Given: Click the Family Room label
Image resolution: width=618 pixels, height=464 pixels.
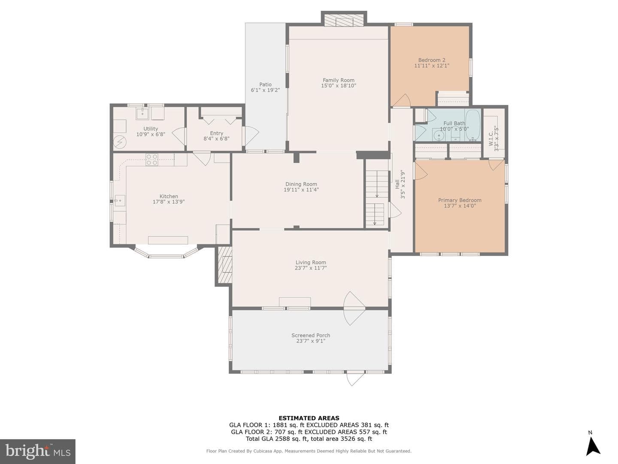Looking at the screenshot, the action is pos(339,80).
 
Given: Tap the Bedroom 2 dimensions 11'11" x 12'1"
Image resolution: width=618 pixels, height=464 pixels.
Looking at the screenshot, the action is pos(432,66).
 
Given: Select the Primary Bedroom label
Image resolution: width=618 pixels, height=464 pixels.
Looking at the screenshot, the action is pos(460,200).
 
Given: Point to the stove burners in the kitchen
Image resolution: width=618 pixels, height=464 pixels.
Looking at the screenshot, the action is pos(152,159).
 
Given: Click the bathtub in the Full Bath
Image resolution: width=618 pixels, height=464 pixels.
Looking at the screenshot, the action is pos(473,125).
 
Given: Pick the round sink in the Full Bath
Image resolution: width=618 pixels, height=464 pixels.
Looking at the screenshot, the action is pos(439,135).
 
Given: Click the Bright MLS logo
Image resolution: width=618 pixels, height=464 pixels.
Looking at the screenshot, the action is pos(37,451).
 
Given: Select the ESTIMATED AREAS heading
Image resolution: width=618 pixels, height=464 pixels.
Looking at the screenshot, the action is pos(309,418).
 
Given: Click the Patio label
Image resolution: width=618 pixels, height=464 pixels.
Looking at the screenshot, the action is pos(266,85).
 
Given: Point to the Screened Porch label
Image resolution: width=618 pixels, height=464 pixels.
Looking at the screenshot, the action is pos(311,336).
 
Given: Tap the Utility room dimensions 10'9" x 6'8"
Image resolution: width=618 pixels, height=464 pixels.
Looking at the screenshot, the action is pos(151,134).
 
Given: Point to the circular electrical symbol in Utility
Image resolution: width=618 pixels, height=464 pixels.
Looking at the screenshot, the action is pos(120,142).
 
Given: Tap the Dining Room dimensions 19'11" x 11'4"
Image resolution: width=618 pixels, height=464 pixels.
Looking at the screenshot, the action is pos(301,190).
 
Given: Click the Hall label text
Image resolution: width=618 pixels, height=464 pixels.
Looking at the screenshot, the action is pos(397,184).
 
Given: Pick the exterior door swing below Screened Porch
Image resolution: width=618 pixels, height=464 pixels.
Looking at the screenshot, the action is pos(355,379).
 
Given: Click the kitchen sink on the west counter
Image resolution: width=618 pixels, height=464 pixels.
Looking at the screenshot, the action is pos(120,200).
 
